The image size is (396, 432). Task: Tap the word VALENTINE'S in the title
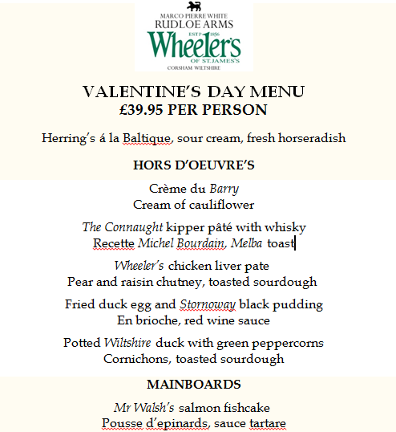[143, 92]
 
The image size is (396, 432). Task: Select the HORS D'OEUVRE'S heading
[193, 165]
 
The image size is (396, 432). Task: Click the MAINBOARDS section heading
[193, 385]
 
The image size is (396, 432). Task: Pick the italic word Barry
[223, 189]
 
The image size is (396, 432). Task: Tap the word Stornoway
[207, 304]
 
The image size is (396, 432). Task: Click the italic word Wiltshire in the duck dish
[131, 343]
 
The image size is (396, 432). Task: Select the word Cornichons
[137, 359]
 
